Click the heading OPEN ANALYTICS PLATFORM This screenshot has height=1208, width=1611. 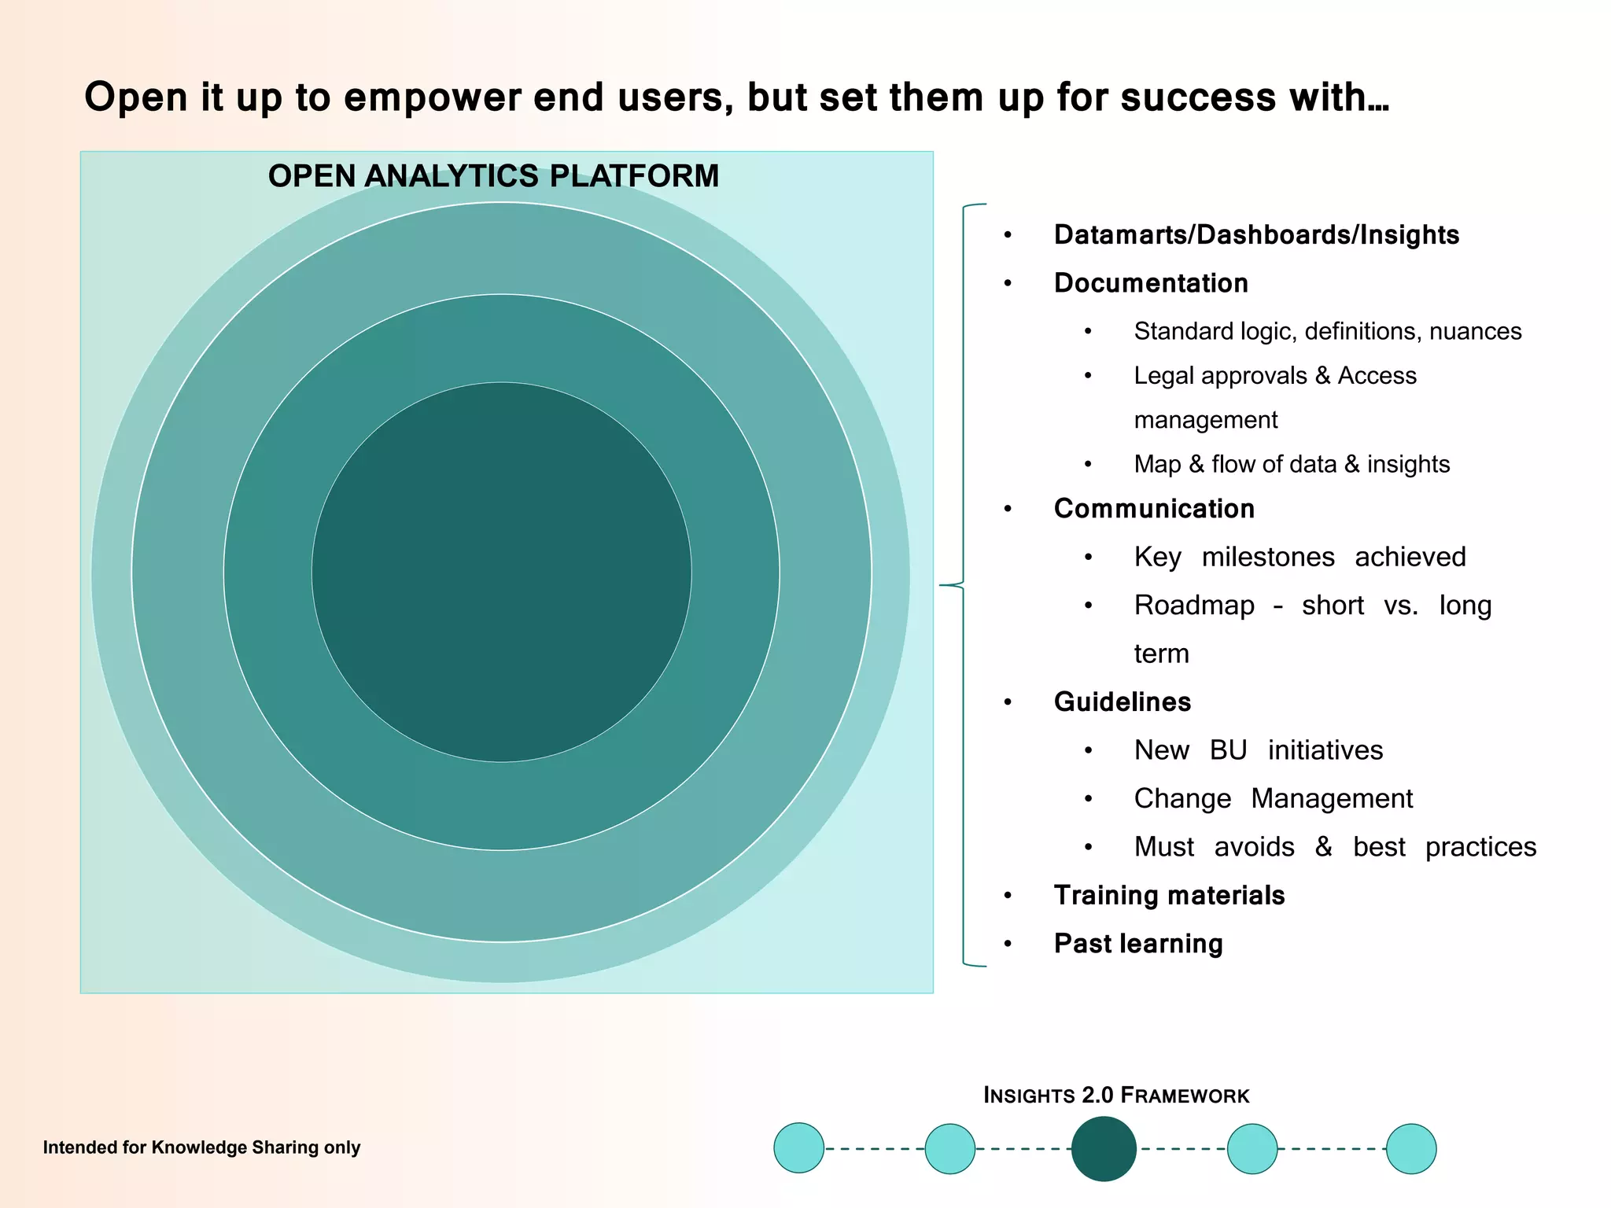[x=493, y=176]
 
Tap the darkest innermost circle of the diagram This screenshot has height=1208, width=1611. [x=501, y=572]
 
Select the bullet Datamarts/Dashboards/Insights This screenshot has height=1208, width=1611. [x=1255, y=235]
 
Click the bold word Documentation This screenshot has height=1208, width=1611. [x=1150, y=283]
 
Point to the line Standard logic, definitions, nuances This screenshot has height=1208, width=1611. [x=1327, y=331]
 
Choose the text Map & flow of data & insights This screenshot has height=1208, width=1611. [x=1291, y=464]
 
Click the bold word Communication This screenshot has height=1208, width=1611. [x=1153, y=509]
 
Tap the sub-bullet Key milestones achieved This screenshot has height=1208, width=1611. [x=1299, y=557]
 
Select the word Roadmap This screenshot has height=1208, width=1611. [x=1193, y=606]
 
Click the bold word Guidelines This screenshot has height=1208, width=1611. [x=1122, y=702]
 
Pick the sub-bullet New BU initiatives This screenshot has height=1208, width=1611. [x=1258, y=750]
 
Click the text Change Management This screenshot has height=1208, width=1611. [x=1273, y=798]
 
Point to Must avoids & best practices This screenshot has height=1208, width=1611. [x=1334, y=847]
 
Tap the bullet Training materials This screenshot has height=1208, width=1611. [x=1168, y=895]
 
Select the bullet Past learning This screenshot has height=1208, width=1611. [x=1137, y=944]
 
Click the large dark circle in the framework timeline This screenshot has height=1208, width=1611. [x=1104, y=1148]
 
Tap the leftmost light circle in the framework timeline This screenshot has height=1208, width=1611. [x=798, y=1148]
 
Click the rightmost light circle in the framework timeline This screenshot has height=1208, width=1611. [x=1410, y=1148]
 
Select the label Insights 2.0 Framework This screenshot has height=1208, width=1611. [x=1115, y=1095]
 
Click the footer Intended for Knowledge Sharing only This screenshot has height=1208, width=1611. [x=201, y=1147]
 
